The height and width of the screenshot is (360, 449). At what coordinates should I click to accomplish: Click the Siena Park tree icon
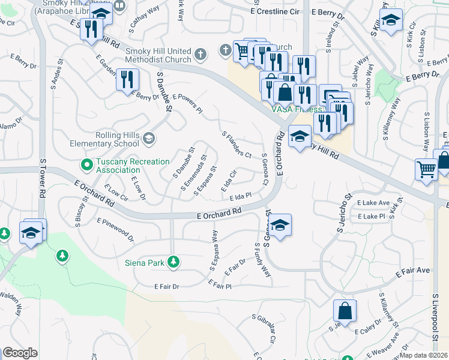pyautogui.click(x=173, y=262)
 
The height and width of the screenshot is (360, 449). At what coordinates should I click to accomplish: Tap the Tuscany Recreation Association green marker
pyautogui.click(x=87, y=163)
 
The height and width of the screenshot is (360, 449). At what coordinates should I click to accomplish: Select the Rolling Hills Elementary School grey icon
pyautogui.click(x=148, y=140)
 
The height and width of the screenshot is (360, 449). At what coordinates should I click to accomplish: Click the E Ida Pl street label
pyautogui.click(x=239, y=196)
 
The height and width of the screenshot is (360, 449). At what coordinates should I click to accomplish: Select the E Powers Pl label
pyautogui.click(x=187, y=103)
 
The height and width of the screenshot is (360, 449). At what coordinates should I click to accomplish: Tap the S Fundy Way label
pyautogui.click(x=262, y=259)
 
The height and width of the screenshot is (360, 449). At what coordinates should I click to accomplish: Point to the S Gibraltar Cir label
pyautogui.click(x=263, y=329)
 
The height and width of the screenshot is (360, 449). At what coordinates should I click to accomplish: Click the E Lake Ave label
pyautogui.click(x=373, y=203)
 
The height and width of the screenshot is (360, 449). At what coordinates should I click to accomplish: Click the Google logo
pyautogui.click(x=20, y=353)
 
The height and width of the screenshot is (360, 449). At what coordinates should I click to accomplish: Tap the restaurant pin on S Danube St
pyautogui.click(x=127, y=80)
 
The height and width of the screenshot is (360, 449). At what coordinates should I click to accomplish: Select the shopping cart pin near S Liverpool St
pyautogui.click(x=426, y=168)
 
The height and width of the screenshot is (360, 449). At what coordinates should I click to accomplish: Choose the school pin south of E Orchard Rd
pyautogui.click(x=279, y=226)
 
